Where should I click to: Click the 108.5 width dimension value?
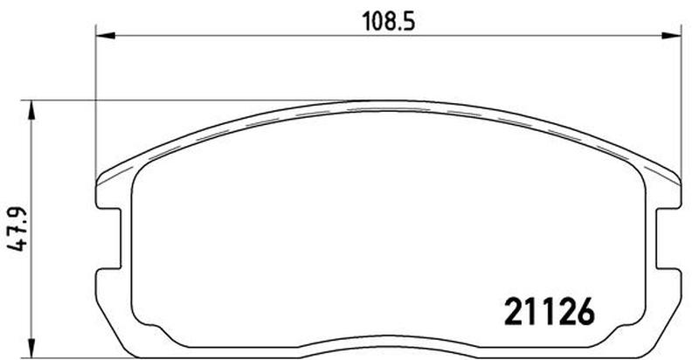click(388, 21)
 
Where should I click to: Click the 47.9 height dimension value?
click(18, 229)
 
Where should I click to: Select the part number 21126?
click(550, 311)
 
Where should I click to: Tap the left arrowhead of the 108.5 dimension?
click(106, 35)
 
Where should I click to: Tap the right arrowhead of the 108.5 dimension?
click(671, 35)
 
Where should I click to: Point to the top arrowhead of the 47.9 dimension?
click(31, 110)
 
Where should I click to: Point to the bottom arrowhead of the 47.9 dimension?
click(31, 348)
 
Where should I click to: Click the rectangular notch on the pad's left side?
click(108, 239)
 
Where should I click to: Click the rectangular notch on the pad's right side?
click(668, 239)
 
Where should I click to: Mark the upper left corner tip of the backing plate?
click(97, 182)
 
